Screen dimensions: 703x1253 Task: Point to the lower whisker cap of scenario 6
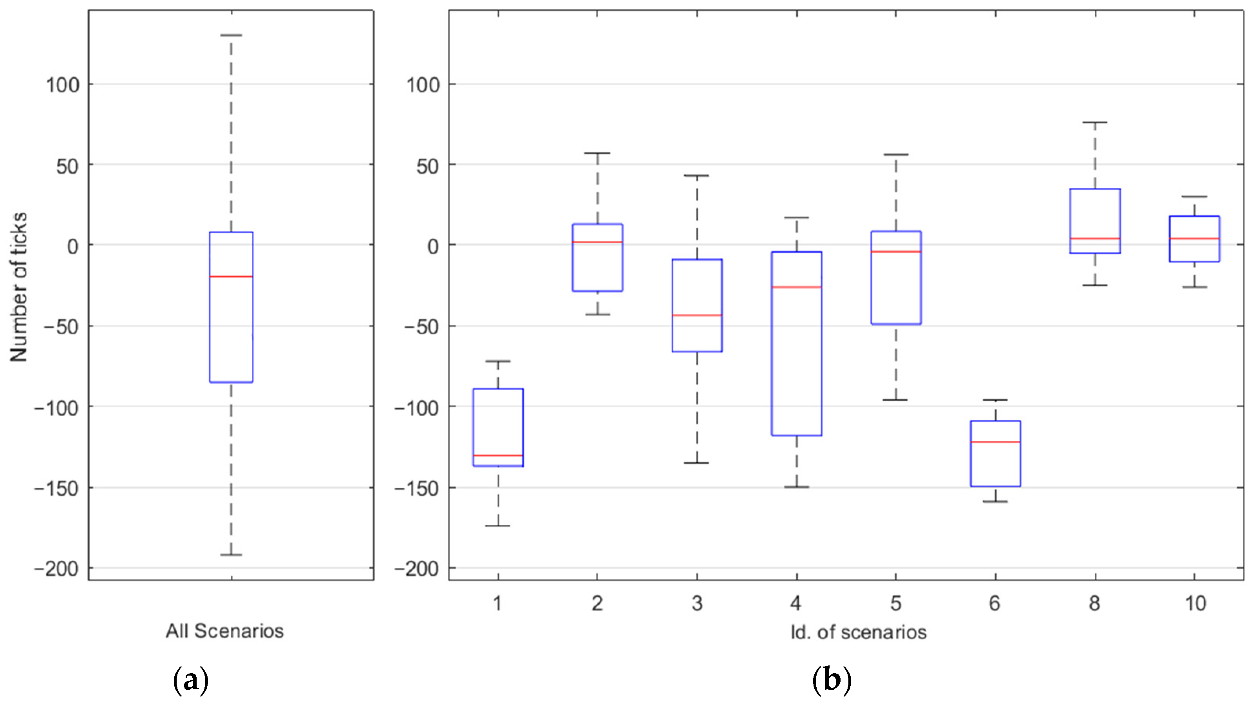(x=995, y=501)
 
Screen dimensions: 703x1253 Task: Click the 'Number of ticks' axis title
(x=18, y=287)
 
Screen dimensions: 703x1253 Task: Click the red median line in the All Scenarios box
(x=231, y=276)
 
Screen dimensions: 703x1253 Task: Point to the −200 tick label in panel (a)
(x=56, y=569)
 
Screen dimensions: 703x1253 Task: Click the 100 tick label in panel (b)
(x=422, y=85)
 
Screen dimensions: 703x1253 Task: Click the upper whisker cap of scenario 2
(x=597, y=153)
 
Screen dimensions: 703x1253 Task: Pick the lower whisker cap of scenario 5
(x=895, y=400)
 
